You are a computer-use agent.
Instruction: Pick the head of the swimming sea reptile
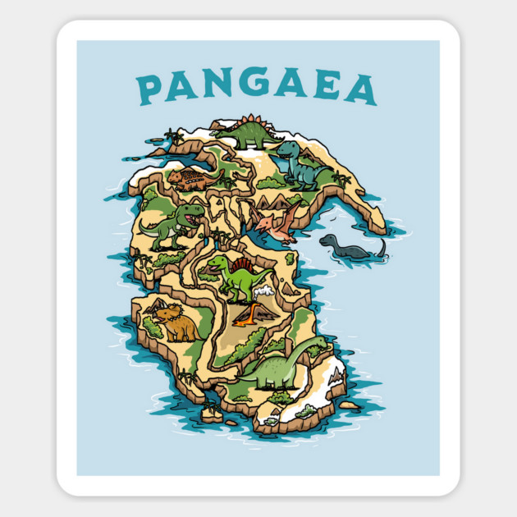point(327,240)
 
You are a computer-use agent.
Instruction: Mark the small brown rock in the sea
point(349,405)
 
